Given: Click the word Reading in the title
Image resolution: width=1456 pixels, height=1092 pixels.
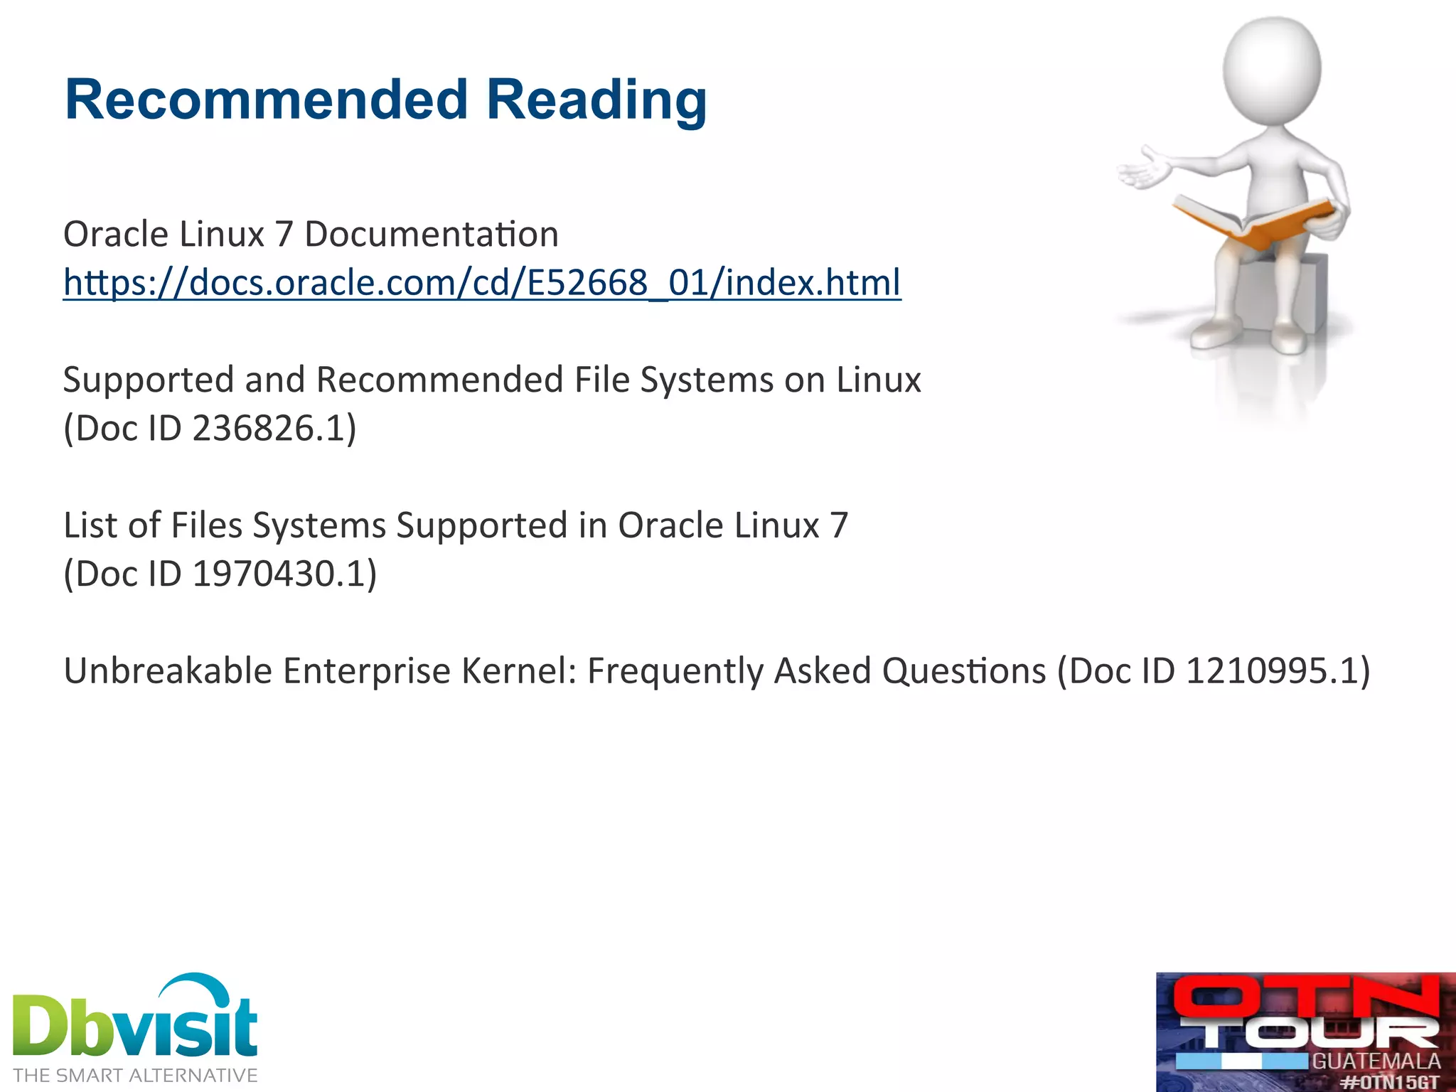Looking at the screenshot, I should pyautogui.click(x=597, y=101).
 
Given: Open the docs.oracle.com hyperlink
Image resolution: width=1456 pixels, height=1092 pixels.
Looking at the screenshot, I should pyautogui.click(x=482, y=282).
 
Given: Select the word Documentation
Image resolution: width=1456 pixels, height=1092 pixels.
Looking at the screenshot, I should pyautogui.click(x=432, y=235).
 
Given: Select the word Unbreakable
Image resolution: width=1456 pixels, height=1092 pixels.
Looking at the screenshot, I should pyautogui.click(x=168, y=670).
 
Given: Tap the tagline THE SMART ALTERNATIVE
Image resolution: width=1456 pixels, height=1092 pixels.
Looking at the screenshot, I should pyautogui.click(x=135, y=1075).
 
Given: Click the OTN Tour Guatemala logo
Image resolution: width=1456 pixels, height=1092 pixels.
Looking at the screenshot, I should pyautogui.click(x=1305, y=1024).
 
